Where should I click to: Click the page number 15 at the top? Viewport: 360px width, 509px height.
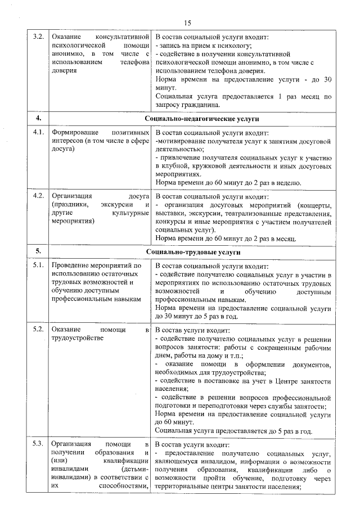pos(187,22)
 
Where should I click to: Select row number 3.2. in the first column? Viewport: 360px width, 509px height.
pos(38,37)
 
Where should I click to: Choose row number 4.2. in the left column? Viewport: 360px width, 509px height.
pos(38,196)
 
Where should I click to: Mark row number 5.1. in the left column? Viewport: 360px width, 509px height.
pos(38,265)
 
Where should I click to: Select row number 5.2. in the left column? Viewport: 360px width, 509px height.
pos(38,329)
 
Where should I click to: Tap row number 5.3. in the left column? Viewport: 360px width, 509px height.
pos(38,444)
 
